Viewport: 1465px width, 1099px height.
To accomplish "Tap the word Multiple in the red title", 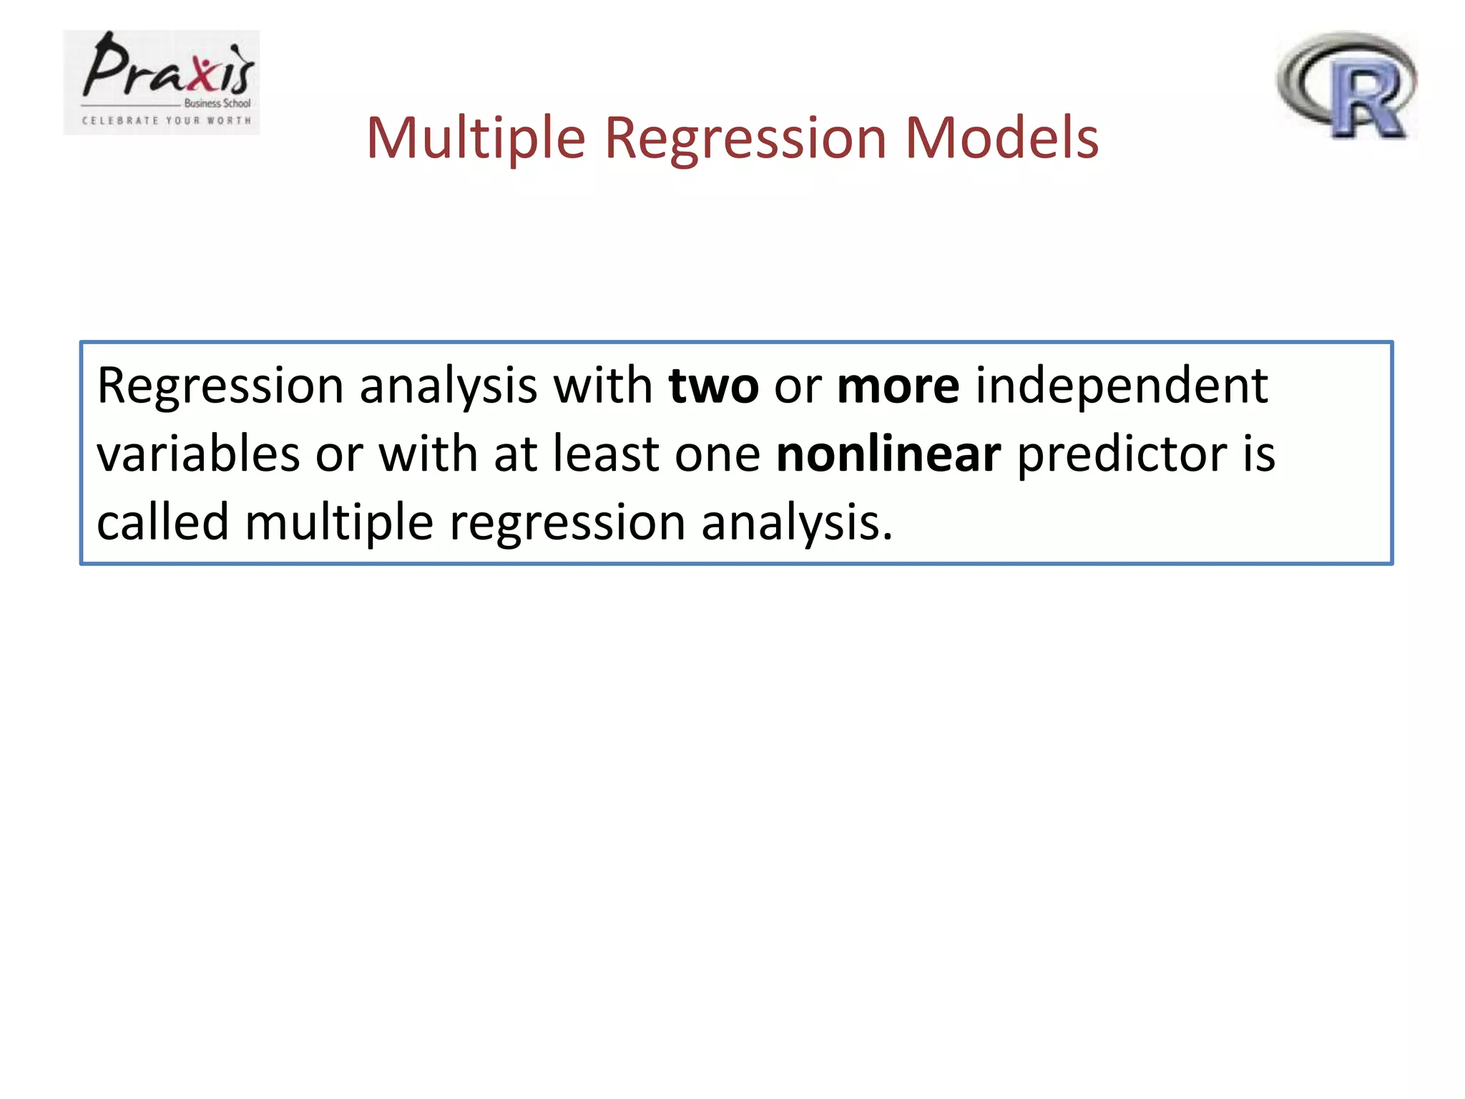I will [x=476, y=137].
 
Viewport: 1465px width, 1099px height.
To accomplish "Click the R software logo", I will [x=1347, y=86].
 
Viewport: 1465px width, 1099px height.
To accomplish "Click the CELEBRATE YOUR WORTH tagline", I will [x=167, y=121].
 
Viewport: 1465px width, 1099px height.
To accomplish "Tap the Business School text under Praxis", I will [x=217, y=103].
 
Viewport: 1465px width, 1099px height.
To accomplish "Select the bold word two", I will [x=713, y=386].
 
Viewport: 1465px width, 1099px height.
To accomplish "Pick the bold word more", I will [x=898, y=386].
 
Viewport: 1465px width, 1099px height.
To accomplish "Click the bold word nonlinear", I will [x=888, y=455].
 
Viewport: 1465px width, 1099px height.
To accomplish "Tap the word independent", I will [x=1122, y=386].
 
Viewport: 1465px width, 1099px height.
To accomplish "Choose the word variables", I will [x=198, y=455].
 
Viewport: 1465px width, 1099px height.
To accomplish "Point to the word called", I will [x=162, y=522].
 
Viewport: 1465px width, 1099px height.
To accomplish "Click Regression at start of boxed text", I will [x=220, y=386].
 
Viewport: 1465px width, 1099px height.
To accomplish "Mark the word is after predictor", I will [x=1258, y=455].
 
